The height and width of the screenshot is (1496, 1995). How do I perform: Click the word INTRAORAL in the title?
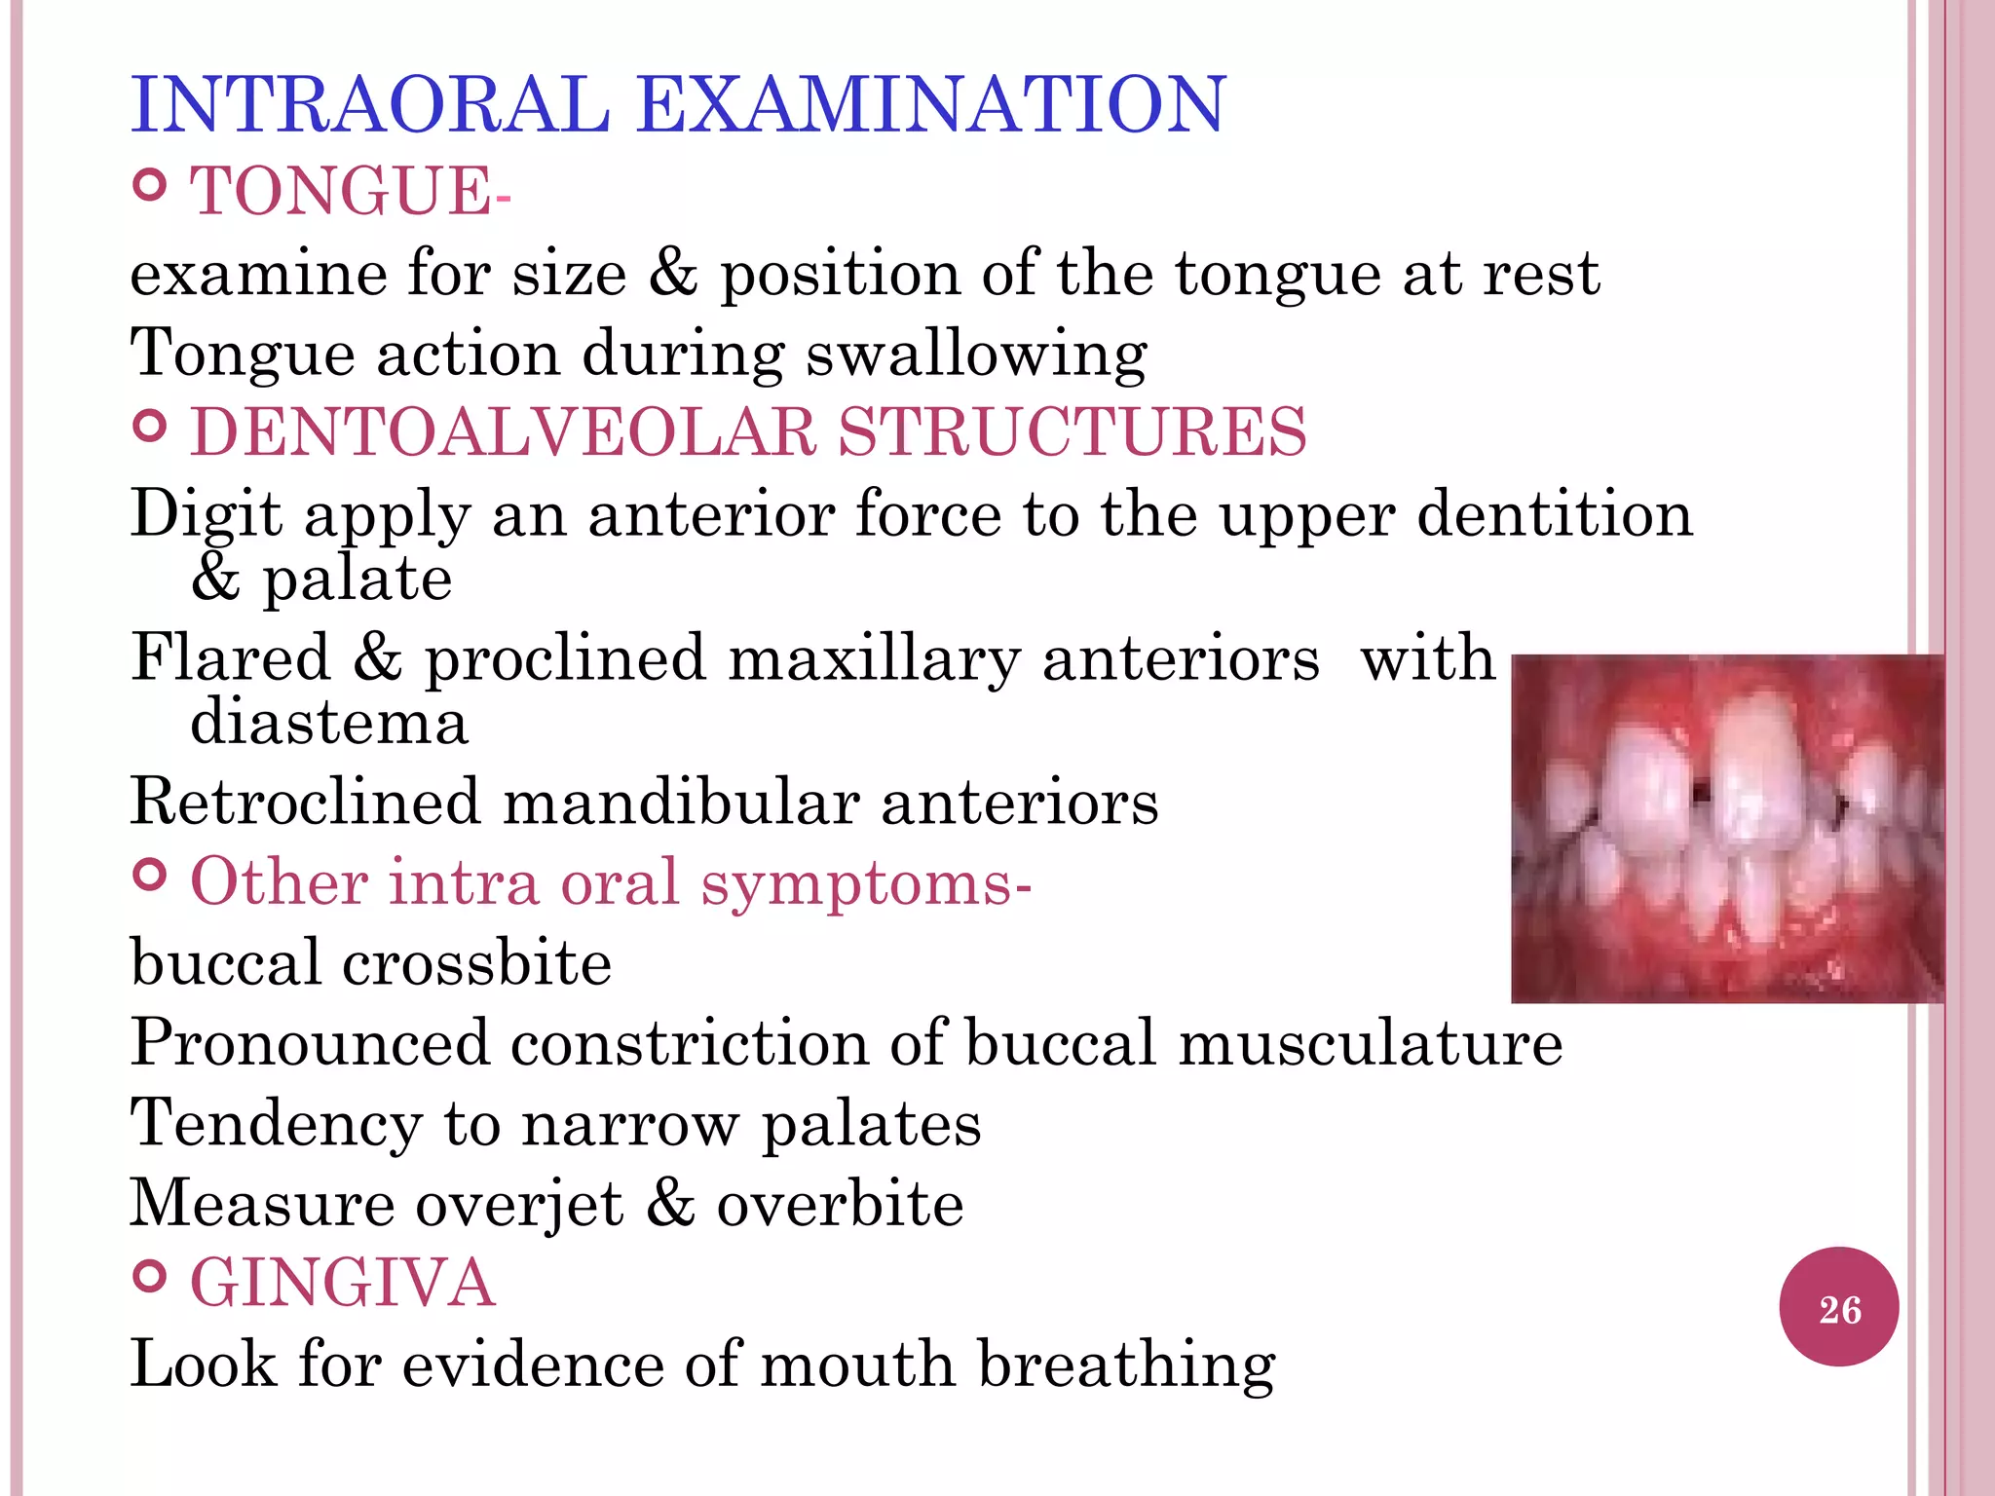(x=370, y=104)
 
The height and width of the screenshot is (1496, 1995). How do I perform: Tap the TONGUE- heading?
(x=349, y=191)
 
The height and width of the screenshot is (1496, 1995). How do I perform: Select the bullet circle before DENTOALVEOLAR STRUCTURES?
(x=149, y=426)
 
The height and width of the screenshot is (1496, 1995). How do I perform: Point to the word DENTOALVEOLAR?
(x=503, y=431)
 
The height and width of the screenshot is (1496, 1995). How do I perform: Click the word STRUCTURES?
(x=1072, y=431)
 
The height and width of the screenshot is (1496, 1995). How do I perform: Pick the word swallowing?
(x=976, y=355)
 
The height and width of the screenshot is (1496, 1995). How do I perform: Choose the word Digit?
(x=207, y=514)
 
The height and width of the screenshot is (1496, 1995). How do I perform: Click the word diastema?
(x=329, y=723)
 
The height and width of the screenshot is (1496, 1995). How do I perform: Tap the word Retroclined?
(x=305, y=803)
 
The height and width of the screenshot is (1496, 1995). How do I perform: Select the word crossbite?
(x=476, y=963)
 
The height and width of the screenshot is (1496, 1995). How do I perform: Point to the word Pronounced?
(x=310, y=1043)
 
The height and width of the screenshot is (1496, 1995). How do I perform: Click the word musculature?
(x=1371, y=1043)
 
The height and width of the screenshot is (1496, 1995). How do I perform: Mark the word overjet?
(x=519, y=1204)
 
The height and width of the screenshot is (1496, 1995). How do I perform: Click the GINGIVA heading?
(x=343, y=1283)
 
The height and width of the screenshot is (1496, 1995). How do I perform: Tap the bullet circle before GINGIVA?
(x=149, y=1275)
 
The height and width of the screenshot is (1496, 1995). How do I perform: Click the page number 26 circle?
(x=1839, y=1308)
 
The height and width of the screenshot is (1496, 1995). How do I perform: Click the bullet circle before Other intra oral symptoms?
(x=149, y=876)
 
